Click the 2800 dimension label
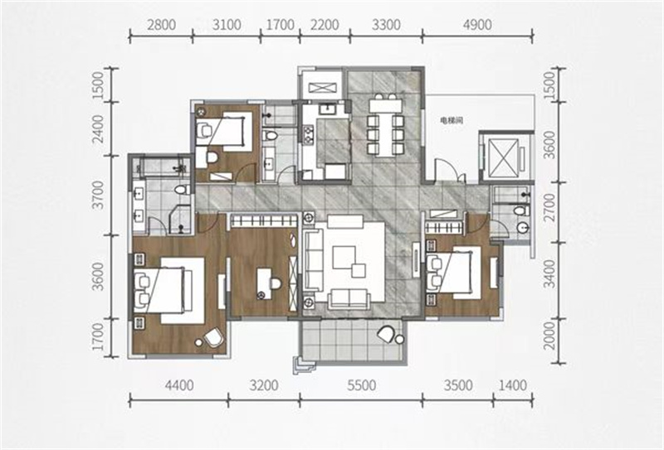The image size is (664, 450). tap(161, 25)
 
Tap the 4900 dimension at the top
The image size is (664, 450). tap(477, 25)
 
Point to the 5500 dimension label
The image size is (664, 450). tap(361, 385)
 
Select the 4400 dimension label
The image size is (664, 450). tap(179, 385)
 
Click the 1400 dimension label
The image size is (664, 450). tap(513, 385)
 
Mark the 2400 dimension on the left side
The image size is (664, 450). tap(97, 129)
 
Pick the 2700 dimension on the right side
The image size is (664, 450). tap(549, 207)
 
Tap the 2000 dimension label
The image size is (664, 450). tap(549, 336)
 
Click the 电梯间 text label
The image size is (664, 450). tap(452, 120)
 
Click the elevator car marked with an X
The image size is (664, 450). tap(503, 157)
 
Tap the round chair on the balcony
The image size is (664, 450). tap(386, 334)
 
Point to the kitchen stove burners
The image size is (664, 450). tap(306, 133)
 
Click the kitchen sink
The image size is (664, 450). tap(327, 109)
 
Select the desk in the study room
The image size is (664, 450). tap(263, 283)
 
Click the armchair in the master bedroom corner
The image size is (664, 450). tap(213, 337)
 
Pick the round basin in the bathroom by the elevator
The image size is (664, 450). tap(523, 228)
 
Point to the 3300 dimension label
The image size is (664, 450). tap(386, 25)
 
